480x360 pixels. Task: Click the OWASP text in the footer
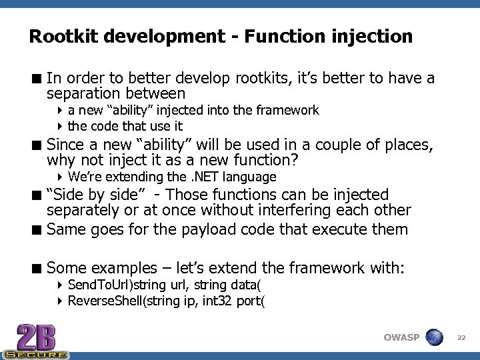tap(401, 337)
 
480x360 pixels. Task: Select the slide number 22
tap(461, 338)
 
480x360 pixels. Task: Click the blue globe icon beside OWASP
tap(434, 337)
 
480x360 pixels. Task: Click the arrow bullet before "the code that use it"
tap(60, 126)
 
